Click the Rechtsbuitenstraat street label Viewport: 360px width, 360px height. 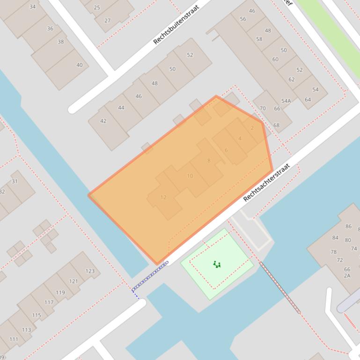tap(176, 25)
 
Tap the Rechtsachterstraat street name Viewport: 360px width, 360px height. tap(267, 182)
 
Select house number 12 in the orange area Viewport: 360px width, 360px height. tap(163, 197)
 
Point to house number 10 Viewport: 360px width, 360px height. tap(190, 176)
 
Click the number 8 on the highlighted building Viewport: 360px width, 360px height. tap(209, 161)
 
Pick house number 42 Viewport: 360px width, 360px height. tap(103, 121)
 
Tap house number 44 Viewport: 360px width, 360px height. tap(121, 108)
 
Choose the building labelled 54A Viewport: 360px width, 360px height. tap(286, 101)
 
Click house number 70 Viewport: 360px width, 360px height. tap(263, 108)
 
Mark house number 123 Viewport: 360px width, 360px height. tap(90, 271)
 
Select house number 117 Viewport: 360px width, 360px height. tap(49, 302)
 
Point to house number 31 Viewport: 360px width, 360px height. tap(15, 181)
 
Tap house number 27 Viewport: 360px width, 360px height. tap(108, 21)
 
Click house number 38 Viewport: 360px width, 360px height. tap(61, 42)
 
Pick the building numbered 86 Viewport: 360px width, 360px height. tap(348, 226)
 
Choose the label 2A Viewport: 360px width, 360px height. tap(347, 275)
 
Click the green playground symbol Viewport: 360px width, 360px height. tap(217, 265)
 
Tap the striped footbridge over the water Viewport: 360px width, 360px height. tap(280, 288)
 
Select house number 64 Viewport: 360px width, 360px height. tap(308, 100)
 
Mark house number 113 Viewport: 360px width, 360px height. tap(26, 330)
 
